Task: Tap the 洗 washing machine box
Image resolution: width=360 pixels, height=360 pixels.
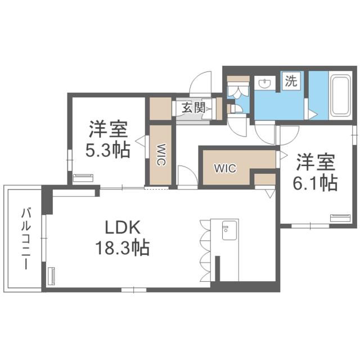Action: pos(290,80)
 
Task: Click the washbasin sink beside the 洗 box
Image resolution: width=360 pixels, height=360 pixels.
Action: pos(264,83)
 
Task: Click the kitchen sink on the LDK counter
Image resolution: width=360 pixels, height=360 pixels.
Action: pos(229,229)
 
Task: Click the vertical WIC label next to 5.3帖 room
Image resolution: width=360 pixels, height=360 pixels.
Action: pos(160,155)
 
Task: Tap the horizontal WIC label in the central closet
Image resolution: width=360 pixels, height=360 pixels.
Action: pos(223,168)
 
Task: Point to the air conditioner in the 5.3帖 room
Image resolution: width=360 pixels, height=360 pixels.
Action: pos(84,178)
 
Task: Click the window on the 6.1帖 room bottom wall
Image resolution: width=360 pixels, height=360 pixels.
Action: pos(309,226)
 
